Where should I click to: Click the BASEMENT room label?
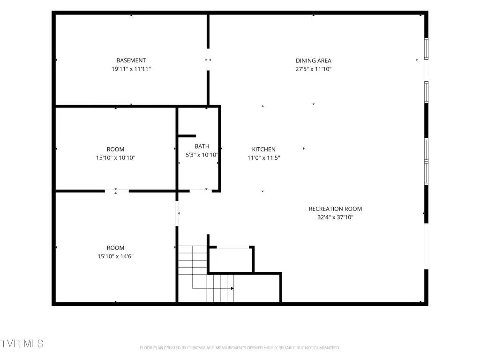tap(131, 60)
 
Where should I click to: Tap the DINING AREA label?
tap(314, 60)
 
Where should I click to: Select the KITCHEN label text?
tap(263, 150)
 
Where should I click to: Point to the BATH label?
tap(202, 146)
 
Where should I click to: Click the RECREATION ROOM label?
tap(335, 209)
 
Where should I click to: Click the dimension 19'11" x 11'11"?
tap(131, 69)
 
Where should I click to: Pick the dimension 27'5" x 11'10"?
tap(314, 69)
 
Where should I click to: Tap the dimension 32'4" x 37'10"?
tap(335, 217)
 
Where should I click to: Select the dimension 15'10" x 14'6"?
tap(115, 256)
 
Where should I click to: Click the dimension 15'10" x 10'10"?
tap(115, 157)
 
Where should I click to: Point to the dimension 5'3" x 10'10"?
tap(202, 155)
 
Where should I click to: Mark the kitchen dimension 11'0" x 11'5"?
tap(263, 157)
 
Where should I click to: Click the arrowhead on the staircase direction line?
tap(232, 288)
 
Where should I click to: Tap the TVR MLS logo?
tap(22, 344)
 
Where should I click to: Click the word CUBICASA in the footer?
tap(196, 348)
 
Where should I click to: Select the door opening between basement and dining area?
tap(208, 60)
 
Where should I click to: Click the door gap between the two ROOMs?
tap(117, 191)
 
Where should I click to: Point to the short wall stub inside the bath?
tap(187, 136)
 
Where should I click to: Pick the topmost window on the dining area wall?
tap(426, 49)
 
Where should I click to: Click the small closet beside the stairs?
tap(231, 259)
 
